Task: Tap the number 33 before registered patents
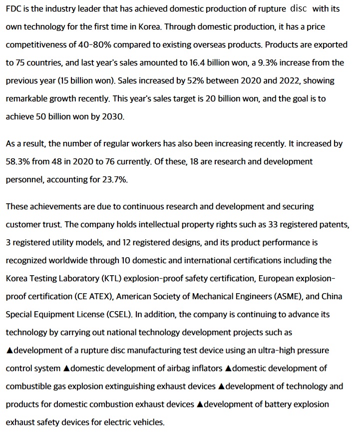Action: point(273,225)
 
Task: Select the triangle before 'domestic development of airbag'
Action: point(66,369)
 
